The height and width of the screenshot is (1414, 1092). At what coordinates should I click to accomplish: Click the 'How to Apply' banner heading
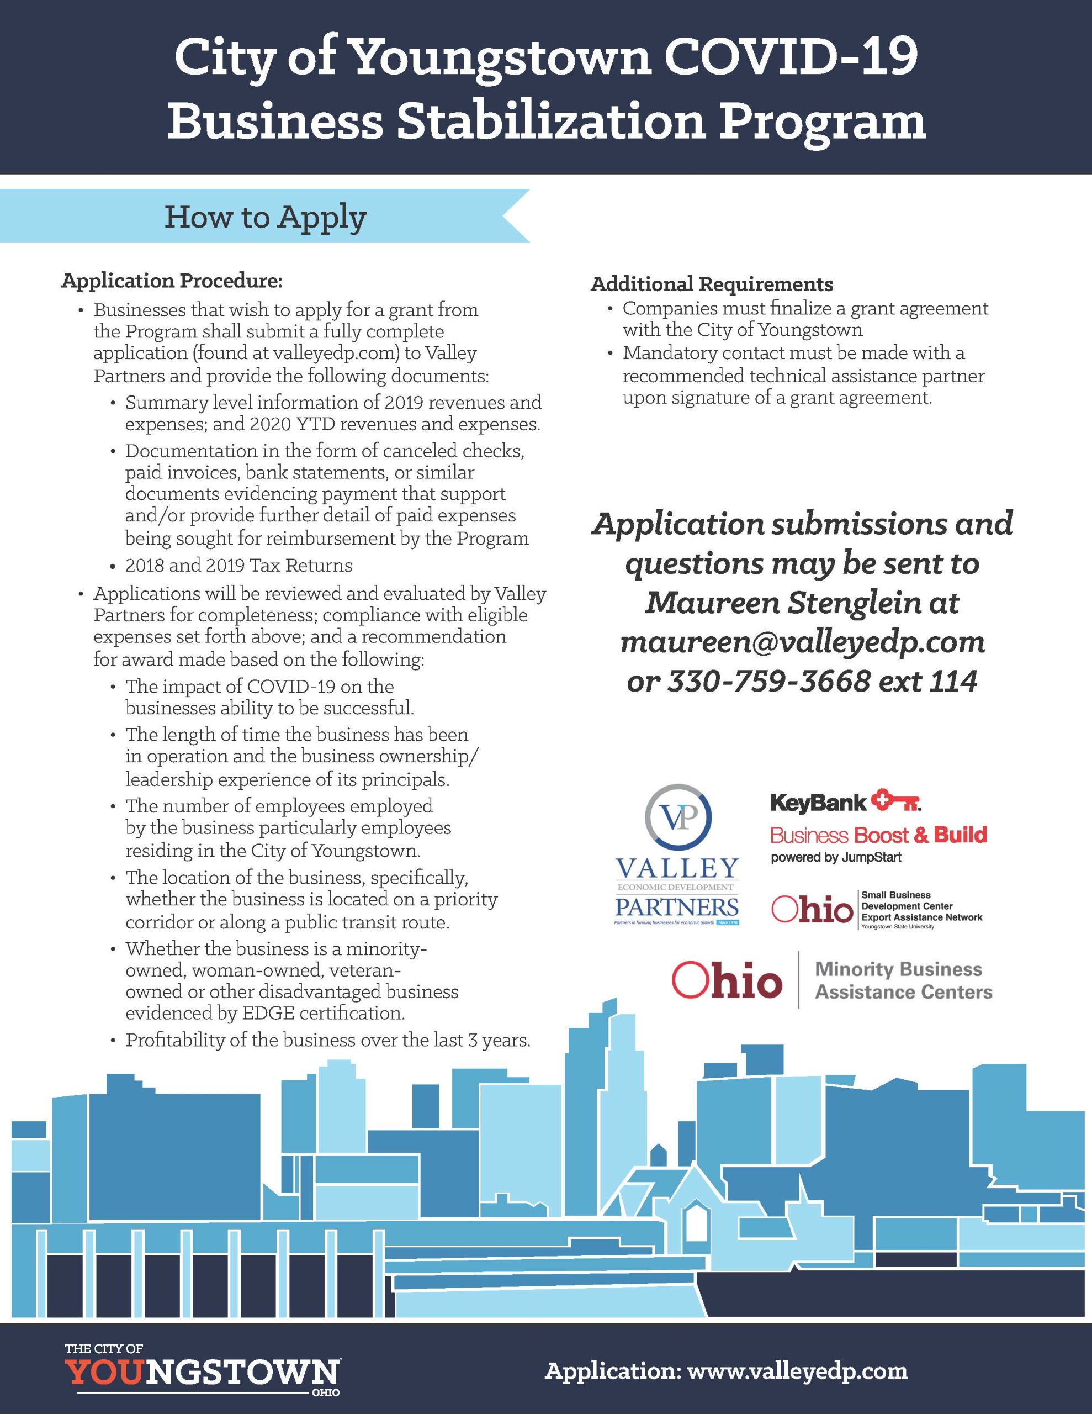coord(266,218)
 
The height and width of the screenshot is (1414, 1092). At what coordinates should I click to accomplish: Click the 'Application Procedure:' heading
coord(172,281)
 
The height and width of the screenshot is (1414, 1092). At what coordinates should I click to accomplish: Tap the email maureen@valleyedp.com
coord(802,642)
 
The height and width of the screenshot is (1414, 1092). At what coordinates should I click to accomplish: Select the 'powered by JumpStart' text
coord(836,858)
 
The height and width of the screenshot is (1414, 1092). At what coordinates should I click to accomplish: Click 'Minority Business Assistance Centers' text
coord(903,980)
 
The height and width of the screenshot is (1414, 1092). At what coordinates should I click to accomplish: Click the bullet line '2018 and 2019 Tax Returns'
coord(239,565)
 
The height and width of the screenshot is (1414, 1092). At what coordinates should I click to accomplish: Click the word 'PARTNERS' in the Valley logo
coord(676,906)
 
